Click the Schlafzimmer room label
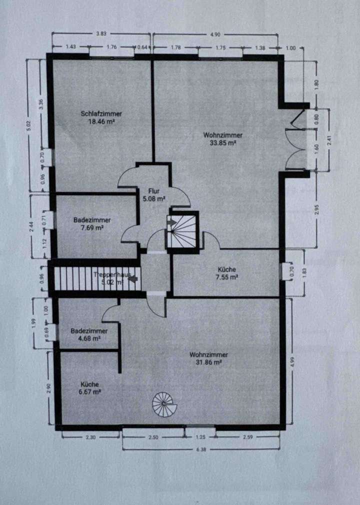[101, 114]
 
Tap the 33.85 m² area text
[223, 142]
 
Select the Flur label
[153, 190]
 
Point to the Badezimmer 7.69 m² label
[92, 220]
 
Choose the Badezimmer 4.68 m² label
[88, 331]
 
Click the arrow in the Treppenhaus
[133, 279]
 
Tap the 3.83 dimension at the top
[101, 34]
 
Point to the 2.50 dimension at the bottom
[153, 437]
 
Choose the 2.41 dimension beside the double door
[328, 140]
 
